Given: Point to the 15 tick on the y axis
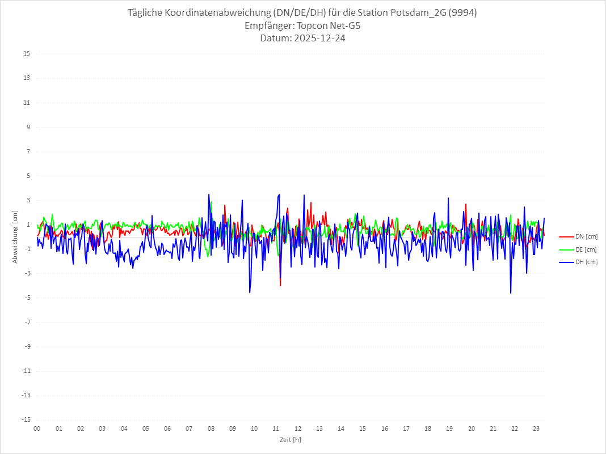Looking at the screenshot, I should click(x=27, y=54).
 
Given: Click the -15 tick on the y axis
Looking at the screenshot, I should click(x=26, y=419).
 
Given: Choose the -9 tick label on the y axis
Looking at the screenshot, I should click(x=27, y=346).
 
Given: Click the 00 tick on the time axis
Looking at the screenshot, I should click(x=37, y=429).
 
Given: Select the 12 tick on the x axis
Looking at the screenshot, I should click(x=298, y=429).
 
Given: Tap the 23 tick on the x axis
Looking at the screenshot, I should click(x=537, y=429).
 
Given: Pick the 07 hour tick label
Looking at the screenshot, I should click(x=189, y=429).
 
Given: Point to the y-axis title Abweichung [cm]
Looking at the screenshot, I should click(x=15, y=236).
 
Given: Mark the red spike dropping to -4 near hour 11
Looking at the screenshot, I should click(x=280, y=286).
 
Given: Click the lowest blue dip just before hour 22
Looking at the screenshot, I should click(x=511, y=293).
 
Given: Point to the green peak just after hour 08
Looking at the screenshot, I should click(x=211, y=202).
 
